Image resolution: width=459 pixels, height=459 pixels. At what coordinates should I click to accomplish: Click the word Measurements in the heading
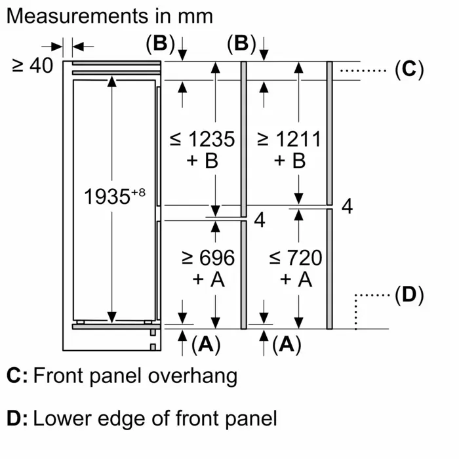77,16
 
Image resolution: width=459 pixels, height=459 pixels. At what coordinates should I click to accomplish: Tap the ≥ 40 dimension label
33,66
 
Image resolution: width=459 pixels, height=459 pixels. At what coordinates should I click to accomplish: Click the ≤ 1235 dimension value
202,139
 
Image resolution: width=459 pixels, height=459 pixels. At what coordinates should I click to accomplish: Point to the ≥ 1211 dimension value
289,139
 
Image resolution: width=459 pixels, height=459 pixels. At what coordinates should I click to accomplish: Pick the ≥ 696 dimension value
208,258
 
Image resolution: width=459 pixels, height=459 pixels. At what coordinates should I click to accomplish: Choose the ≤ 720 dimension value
295,258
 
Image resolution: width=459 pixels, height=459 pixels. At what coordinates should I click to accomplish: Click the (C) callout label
409,70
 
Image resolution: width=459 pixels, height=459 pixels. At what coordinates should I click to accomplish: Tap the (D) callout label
409,294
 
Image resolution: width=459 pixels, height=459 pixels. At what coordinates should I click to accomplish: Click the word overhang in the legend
193,376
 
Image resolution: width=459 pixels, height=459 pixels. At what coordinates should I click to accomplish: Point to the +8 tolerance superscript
138,192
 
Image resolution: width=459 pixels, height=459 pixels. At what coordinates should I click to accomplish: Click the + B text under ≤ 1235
202,161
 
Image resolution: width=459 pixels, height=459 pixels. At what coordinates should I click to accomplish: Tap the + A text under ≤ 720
296,279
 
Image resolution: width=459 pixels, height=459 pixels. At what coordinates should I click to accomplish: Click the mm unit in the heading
195,17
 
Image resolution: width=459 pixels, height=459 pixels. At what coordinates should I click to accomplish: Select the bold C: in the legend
17,376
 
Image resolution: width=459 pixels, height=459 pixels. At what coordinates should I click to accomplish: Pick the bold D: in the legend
17,418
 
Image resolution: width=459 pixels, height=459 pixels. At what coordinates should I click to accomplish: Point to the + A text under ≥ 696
209,279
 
